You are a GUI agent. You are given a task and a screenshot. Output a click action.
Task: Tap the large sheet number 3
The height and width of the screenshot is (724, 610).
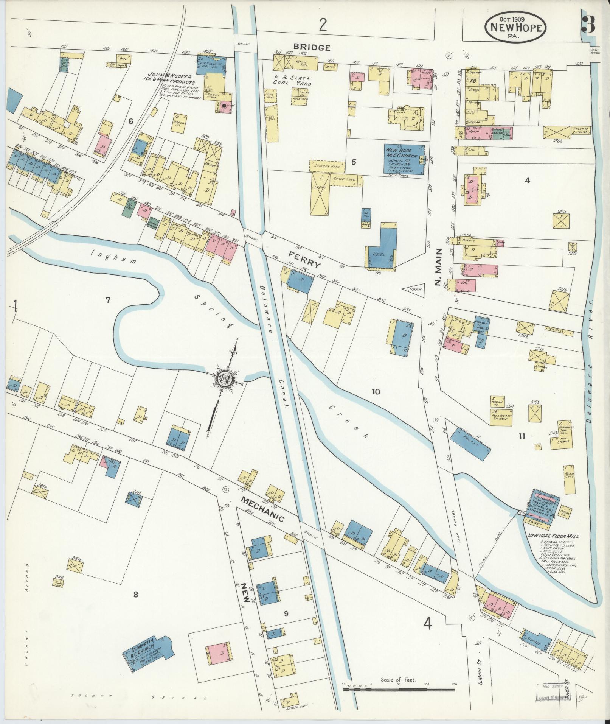tap(588, 25)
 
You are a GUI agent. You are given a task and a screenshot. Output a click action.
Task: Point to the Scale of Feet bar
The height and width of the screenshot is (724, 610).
tap(399, 690)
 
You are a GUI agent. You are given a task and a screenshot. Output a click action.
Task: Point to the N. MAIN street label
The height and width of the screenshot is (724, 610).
tap(438, 267)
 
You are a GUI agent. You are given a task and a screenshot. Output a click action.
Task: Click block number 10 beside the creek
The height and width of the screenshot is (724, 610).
tap(376, 391)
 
